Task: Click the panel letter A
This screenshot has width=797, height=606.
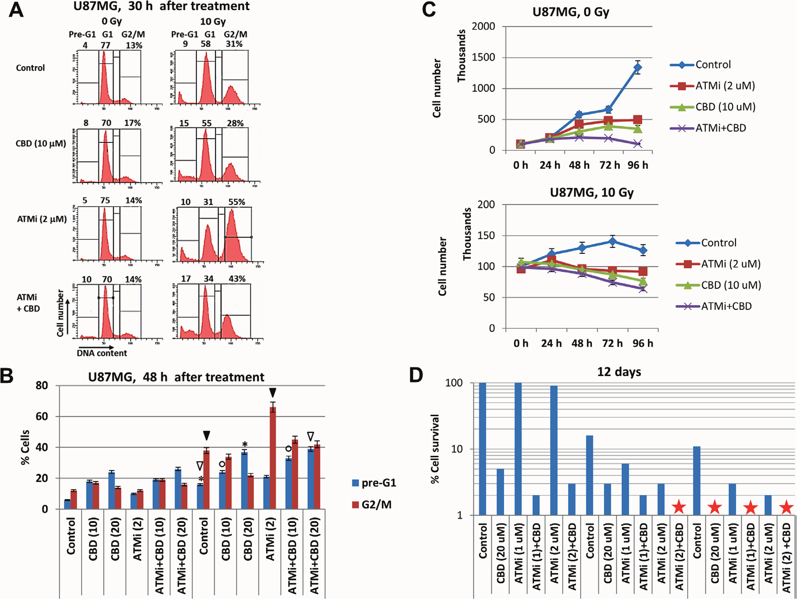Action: pos(16,10)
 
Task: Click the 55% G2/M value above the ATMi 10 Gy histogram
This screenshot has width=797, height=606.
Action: pos(237,202)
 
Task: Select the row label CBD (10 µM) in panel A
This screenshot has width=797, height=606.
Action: pos(41,144)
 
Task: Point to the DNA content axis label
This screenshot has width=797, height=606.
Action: pos(102,353)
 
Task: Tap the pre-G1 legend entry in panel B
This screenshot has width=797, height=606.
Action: pos(374,483)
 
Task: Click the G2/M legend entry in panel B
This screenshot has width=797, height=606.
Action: pos(372,504)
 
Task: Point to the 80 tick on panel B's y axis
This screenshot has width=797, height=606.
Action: pos(42,386)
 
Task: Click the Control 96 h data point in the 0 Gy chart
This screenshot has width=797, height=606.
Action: pos(638,68)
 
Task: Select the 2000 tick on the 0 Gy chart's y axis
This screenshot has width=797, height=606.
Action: pos(484,27)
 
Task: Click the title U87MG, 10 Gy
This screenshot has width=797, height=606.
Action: pos(592,193)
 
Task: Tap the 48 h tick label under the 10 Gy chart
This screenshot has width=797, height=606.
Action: pos(582,344)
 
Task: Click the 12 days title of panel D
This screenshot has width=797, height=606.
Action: pos(619,371)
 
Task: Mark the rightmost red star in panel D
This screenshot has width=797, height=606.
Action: pos(786,507)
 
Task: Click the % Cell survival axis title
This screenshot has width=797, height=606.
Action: pos(435,449)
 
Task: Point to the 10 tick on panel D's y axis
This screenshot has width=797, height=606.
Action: pos(457,449)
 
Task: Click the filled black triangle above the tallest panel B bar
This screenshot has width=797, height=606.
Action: pos(273,393)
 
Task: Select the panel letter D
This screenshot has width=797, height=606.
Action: pos(416,375)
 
